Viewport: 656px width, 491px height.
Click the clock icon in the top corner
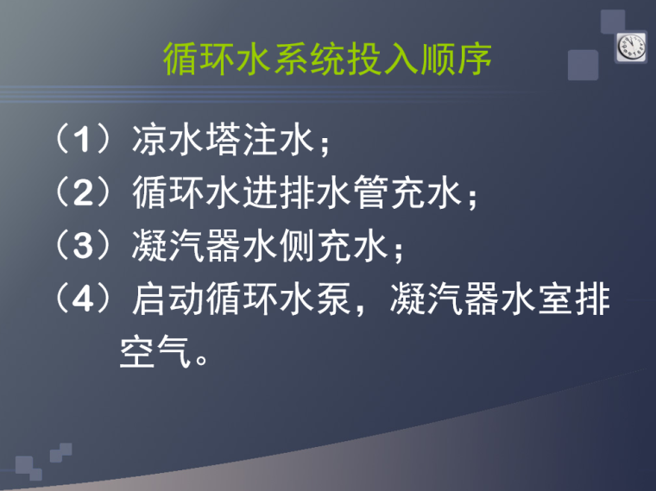tap(630, 47)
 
